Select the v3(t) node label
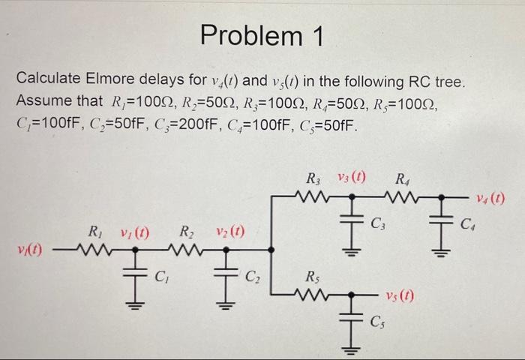point(349,180)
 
